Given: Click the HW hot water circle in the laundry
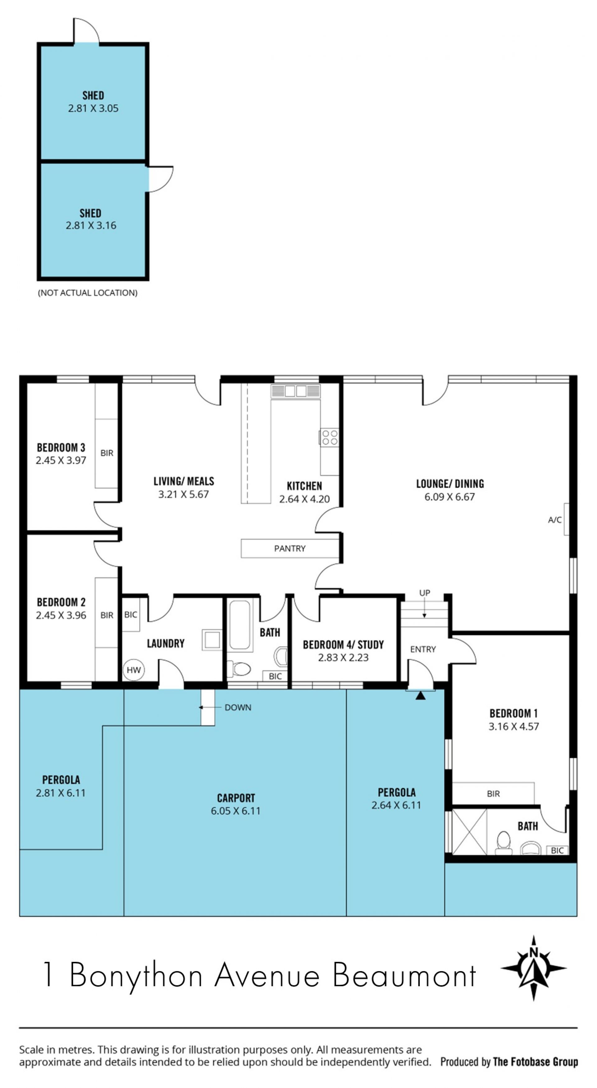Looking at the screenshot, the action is pyautogui.click(x=134, y=669).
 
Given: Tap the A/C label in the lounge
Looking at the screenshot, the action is pyautogui.click(x=554, y=520).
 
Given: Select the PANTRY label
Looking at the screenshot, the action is pyautogui.click(x=289, y=548).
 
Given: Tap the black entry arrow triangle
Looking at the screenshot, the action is pyautogui.click(x=420, y=695).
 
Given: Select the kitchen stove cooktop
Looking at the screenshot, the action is pyautogui.click(x=328, y=437).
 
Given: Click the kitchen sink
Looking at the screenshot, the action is pyautogui.click(x=295, y=391).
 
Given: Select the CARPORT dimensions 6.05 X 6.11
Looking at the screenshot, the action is pyautogui.click(x=236, y=811).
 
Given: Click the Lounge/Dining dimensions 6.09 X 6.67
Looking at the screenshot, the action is pyautogui.click(x=450, y=497).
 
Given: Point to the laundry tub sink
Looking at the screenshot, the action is pyautogui.click(x=211, y=639).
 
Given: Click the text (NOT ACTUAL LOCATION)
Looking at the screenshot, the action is pyautogui.click(x=88, y=293).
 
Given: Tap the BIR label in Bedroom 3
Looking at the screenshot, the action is pyautogui.click(x=107, y=453).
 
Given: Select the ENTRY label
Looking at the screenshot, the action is pyautogui.click(x=423, y=649).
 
